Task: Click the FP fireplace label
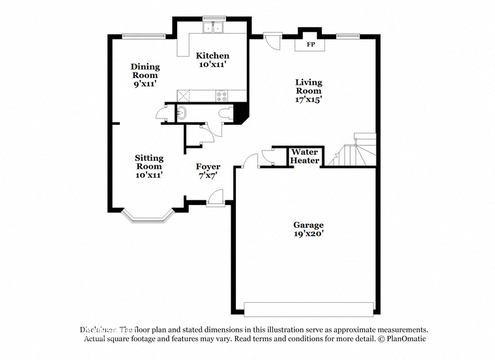(311, 44)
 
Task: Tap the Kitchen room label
(212, 56)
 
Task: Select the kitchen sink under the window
(213, 27)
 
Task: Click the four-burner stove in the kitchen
(221, 96)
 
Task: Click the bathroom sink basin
(182, 114)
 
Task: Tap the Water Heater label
(305, 156)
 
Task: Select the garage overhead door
(309, 309)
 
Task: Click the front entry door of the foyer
(215, 199)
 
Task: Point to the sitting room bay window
(148, 216)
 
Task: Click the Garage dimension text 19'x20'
(309, 234)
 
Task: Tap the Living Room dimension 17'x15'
(309, 100)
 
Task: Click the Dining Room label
(145, 71)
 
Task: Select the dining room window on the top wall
(144, 36)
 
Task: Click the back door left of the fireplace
(272, 40)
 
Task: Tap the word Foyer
(208, 167)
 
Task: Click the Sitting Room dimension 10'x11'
(149, 175)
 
